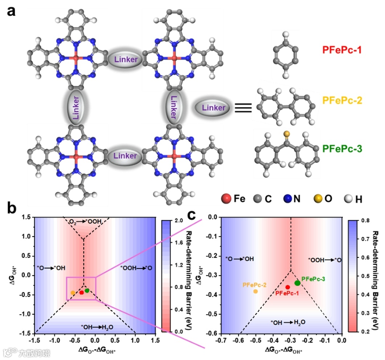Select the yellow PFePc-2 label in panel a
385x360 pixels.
342,101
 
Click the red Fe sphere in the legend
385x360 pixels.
226,199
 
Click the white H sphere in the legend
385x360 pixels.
348,199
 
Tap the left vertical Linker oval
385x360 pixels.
76,108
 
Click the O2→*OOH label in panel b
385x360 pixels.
86,221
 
